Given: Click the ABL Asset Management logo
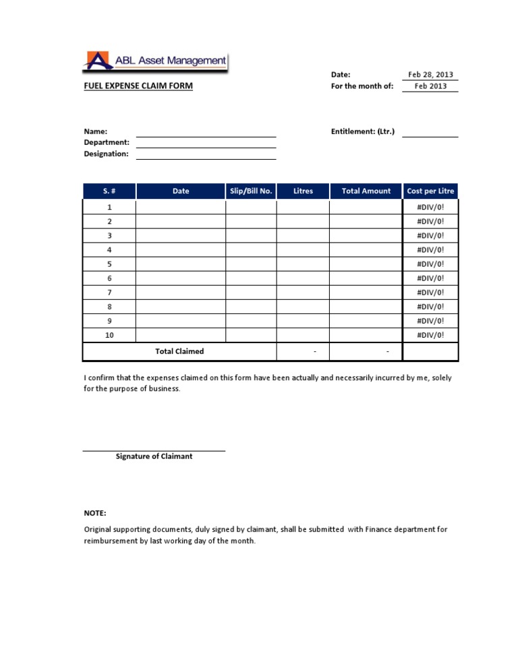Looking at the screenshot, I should click(156, 61).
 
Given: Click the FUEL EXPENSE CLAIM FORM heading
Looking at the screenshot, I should click(138, 86).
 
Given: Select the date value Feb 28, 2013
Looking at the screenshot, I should click(430, 75).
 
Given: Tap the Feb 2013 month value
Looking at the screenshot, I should click(430, 86).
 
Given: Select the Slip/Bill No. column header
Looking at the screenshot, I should click(251, 191).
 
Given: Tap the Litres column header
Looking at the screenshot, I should click(303, 191).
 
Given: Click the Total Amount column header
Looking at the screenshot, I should click(366, 191).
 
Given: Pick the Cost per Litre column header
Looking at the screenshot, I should click(430, 191).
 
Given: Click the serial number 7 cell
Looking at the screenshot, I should click(109, 293).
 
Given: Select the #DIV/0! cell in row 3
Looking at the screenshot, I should click(430, 236).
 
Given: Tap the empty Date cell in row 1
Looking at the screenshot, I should click(181, 208).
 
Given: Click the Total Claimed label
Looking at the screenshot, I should click(179, 352).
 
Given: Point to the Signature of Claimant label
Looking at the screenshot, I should click(154, 456).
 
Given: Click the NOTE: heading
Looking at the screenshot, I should click(95, 514).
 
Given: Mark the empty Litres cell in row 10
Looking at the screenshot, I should click(303, 335).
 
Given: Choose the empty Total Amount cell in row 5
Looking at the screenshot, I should click(366, 264).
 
